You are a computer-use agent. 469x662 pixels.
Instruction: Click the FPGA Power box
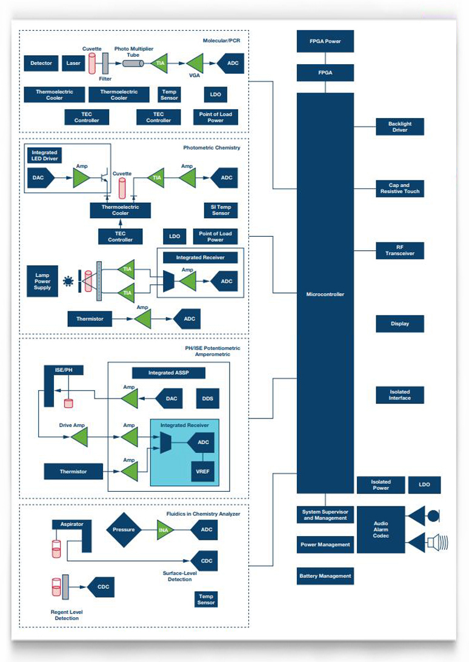point(325,41)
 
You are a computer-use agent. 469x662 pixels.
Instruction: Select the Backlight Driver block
point(400,127)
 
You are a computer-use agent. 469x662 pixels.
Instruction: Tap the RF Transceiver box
point(400,250)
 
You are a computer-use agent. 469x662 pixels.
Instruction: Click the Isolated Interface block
point(400,395)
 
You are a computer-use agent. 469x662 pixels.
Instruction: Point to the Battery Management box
point(325,576)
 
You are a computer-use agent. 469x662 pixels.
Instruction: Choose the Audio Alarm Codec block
point(381,529)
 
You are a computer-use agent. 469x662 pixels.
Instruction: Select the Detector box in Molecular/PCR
point(41,64)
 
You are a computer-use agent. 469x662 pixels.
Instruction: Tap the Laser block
point(73,64)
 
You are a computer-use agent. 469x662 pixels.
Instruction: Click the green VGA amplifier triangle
point(196,63)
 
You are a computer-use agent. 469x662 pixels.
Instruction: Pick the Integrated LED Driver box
point(44,156)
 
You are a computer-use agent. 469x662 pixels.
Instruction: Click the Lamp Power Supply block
point(42,281)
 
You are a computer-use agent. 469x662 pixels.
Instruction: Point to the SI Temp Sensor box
point(221,210)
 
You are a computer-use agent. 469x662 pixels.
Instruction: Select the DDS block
point(207,399)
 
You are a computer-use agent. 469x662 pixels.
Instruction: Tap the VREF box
point(202,471)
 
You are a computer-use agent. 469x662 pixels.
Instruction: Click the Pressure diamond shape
point(124,530)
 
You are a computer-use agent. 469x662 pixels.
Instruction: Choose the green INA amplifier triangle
point(165,530)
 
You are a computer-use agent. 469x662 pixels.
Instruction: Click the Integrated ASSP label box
point(168,373)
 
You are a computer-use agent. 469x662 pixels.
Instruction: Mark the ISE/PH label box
point(64,370)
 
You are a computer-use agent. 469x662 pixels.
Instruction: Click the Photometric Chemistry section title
point(211,148)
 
